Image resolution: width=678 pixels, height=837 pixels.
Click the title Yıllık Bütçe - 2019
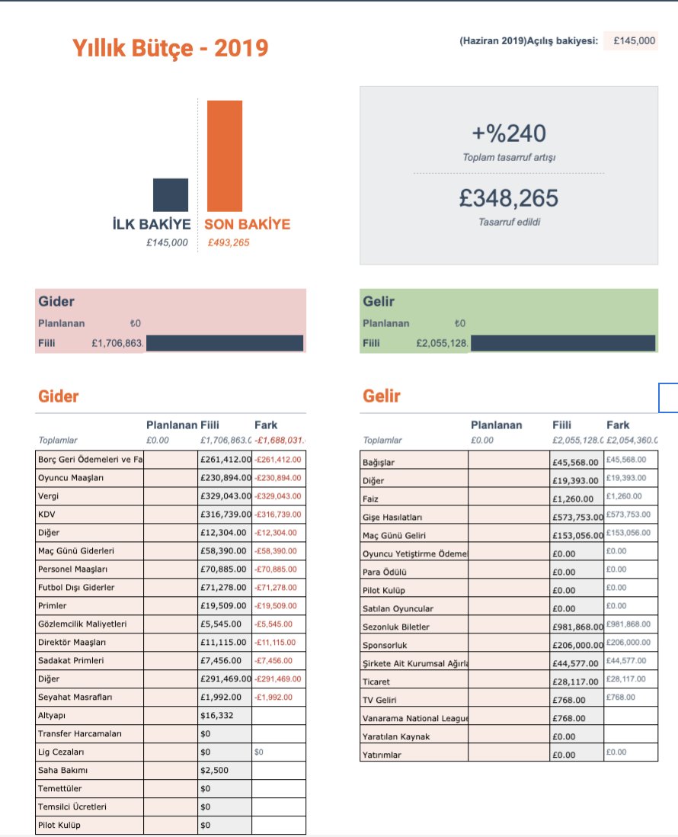[x=170, y=49]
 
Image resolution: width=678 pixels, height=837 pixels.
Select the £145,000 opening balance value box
[x=632, y=41]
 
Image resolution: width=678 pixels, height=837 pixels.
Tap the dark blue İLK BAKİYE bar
[x=171, y=194]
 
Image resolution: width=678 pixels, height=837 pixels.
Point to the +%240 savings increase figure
[x=509, y=134]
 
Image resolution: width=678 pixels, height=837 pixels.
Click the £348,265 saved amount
[x=509, y=198]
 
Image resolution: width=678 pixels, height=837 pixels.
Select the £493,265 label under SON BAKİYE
[x=229, y=243]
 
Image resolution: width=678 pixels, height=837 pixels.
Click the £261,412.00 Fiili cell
[x=225, y=460]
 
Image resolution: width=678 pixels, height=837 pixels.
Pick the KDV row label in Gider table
[x=46, y=515]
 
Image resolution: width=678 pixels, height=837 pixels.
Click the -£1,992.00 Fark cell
[x=278, y=697]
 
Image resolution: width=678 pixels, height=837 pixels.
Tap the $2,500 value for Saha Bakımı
[x=213, y=770]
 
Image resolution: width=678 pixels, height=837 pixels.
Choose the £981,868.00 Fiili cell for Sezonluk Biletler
[x=577, y=627]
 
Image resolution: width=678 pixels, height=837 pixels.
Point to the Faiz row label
[x=372, y=499]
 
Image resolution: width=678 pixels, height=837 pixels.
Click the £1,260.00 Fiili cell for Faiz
[x=574, y=499]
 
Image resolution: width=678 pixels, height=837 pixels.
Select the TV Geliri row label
[x=380, y=700]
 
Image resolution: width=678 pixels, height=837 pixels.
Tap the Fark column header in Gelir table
[x=618, y=425]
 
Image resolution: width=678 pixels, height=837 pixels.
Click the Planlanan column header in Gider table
[x=171, y=425]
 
